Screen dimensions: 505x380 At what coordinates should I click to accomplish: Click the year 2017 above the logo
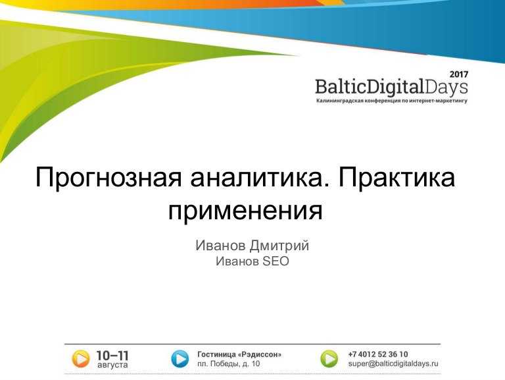click(459, 74)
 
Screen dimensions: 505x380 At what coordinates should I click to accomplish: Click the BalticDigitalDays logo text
click(391, 88)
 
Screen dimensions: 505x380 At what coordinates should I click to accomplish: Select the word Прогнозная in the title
click(108, 178)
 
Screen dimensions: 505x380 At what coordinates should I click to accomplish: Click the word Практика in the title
click(397, 178)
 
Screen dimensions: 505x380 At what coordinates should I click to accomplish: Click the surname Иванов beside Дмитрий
click(220, 246)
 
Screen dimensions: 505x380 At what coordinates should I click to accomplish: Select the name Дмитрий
click(279, 246)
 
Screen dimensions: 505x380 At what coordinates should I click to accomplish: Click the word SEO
click(276, 261)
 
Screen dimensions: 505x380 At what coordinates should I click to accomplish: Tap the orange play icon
click(80, 359)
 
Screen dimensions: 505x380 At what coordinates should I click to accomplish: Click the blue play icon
click(180, 359)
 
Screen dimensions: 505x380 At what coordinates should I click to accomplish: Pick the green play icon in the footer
click(329, 359)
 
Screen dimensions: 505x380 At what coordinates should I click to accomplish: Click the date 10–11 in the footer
click(112, 356)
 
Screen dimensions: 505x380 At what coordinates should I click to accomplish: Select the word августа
click(112, 365)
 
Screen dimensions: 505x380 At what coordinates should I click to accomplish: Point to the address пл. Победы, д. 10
click(228, 364)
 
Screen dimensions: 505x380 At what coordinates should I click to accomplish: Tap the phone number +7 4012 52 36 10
click(378, 354)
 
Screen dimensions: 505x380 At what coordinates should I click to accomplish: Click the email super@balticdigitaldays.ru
click(393, 364)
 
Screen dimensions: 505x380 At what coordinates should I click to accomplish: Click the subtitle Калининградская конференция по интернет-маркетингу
click(392, 101)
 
